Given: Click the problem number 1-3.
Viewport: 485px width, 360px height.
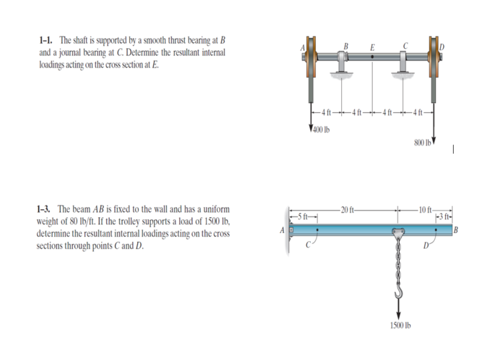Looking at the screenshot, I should click(x=46, y=209).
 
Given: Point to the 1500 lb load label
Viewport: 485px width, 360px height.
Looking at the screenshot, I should click(x=397, y=325).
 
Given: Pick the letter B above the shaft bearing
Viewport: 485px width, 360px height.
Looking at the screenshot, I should click(x=346, y=44).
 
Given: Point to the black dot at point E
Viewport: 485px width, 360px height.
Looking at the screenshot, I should click(x=371, y=57).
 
